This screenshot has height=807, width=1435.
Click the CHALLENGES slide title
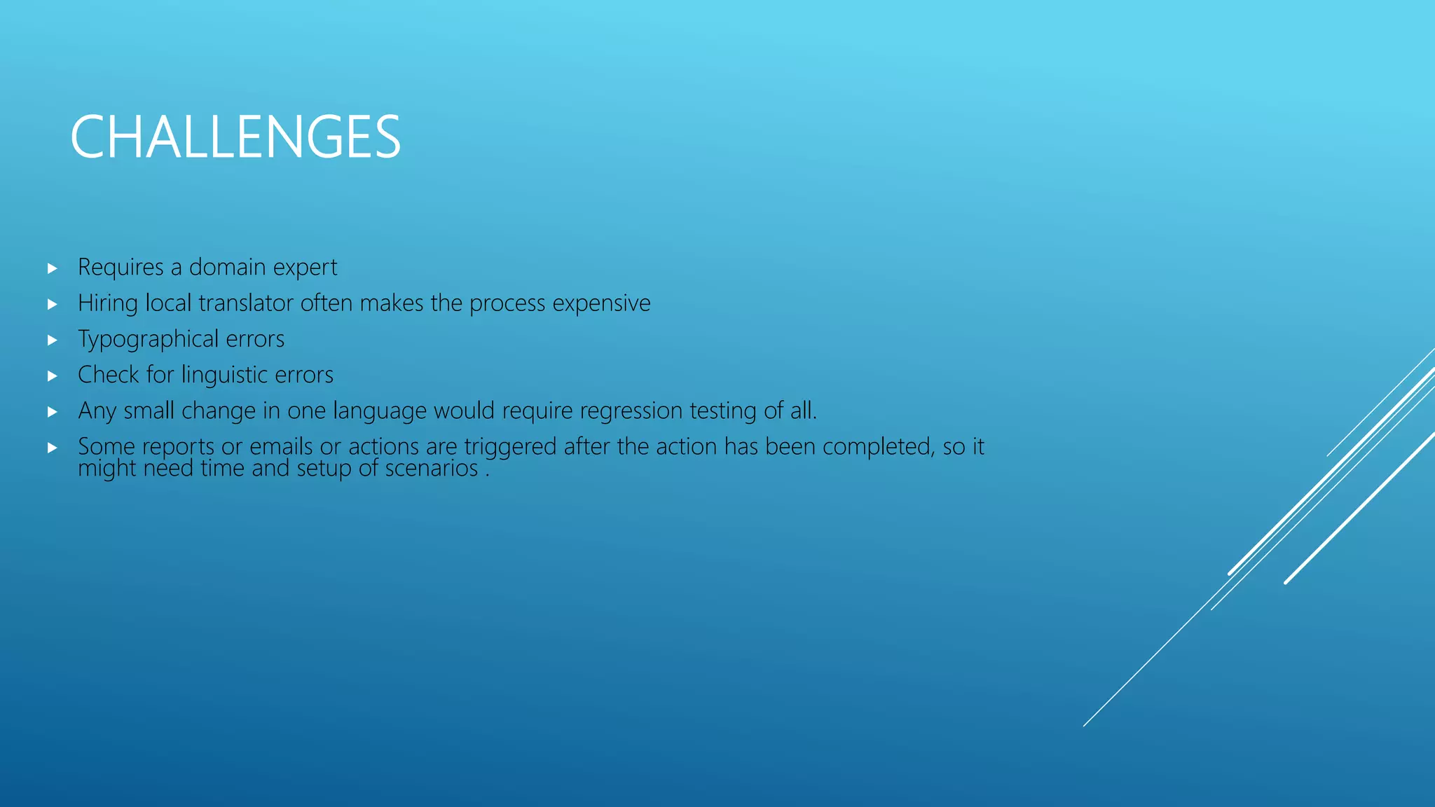point(235,137)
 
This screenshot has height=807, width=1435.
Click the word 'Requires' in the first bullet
point(121,268)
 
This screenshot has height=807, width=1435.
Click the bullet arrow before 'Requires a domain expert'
point(53,268)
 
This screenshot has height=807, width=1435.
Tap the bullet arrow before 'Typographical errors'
point(53,340)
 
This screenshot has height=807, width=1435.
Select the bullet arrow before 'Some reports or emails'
point(53,448)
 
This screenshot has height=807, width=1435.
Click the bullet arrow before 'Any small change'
point(53,412)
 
